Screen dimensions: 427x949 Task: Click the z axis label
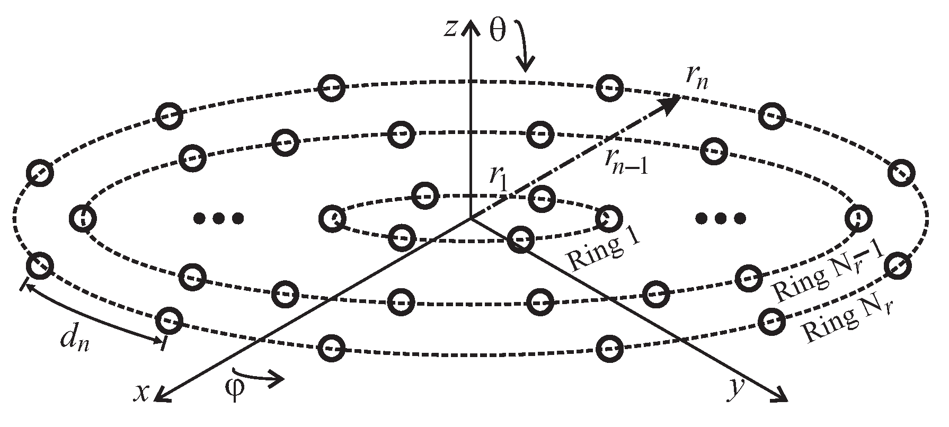[450, 30]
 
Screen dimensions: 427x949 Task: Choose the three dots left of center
[218, 217]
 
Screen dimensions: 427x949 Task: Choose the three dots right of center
[721, 217]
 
